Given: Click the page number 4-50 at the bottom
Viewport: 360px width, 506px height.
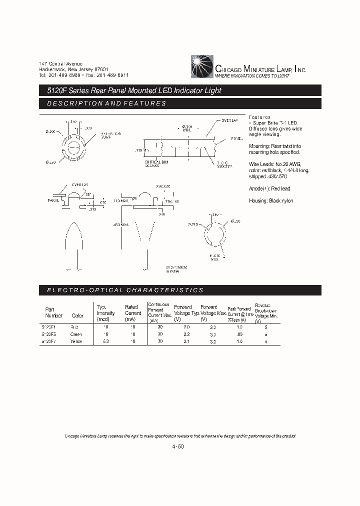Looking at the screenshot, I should (178, 447).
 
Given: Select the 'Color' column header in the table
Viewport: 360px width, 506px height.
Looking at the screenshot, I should (77, 315).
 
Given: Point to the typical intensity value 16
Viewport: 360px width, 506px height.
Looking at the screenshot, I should (105, 334).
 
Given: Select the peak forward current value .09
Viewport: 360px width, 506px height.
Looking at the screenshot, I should (239, 334).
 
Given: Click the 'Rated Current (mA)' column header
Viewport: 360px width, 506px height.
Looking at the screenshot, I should (133, 313).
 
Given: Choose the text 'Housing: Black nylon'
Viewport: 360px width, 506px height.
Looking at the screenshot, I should (271, 200).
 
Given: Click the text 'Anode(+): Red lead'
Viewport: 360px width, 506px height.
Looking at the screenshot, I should (269, 188).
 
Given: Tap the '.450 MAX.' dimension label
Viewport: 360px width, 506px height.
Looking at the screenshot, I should (121, 225).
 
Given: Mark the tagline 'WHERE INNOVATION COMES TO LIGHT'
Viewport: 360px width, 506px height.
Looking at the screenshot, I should (252, 76).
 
